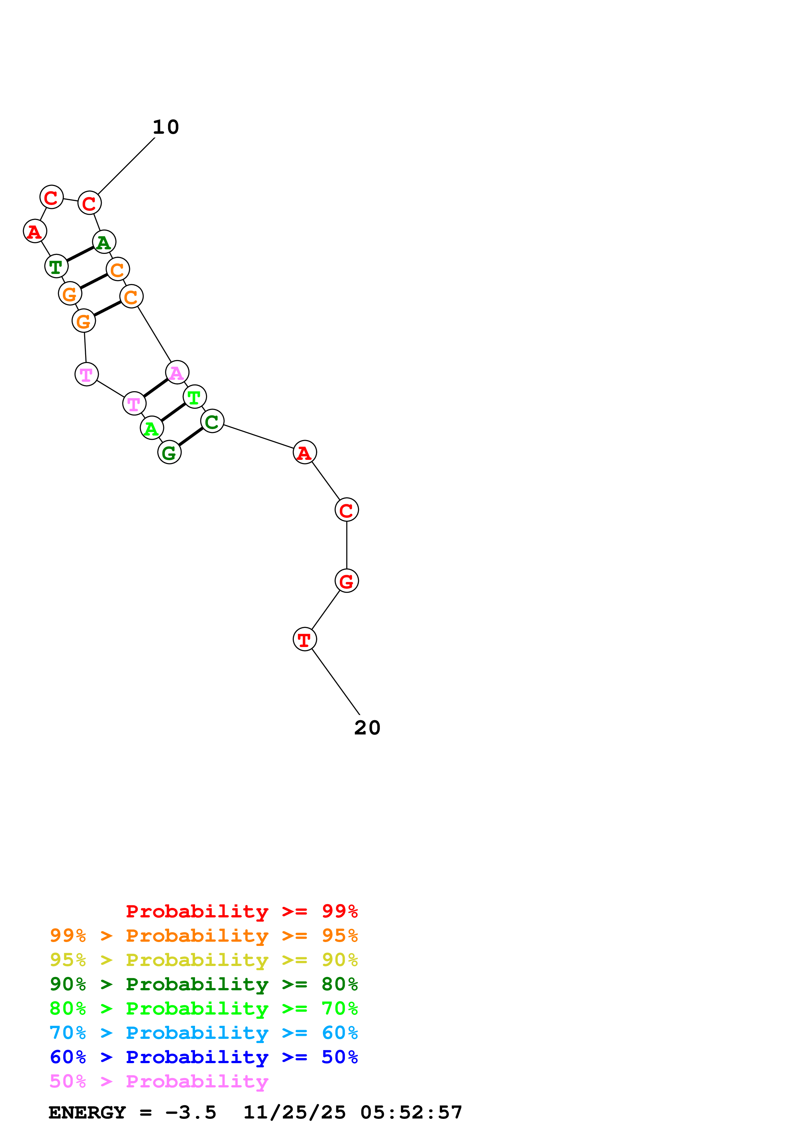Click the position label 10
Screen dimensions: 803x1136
click(x=166, y=127)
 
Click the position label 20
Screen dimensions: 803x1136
click(x=367, y=728)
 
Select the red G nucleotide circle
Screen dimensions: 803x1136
click(x=346, y=581)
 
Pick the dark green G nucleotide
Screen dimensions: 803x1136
click(x=169, y=452)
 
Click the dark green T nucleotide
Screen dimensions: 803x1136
click(x=56, y=266)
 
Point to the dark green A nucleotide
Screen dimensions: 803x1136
click(x=104, y=242)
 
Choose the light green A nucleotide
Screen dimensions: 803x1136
click(x=151, y=428)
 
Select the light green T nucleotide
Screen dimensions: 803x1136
click(x=194, y=397)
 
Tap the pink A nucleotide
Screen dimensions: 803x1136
click(x=177, y=372)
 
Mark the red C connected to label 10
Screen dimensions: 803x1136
click(x=89, y=203)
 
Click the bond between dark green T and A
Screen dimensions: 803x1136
click(x=80, y=254)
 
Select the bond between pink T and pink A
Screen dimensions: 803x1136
click(x=155, y=388)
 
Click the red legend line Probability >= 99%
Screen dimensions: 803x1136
click(x=241, y=911)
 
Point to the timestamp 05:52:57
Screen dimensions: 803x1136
click(x=411, y=1113)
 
